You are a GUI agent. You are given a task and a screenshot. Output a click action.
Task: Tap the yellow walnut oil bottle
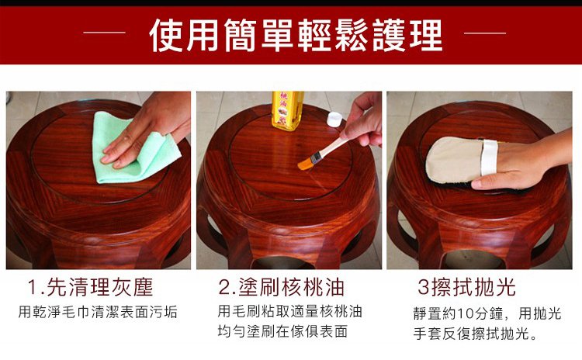click(x=287, y=110)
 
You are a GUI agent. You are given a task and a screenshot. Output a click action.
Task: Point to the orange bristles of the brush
click(x=307, y=162)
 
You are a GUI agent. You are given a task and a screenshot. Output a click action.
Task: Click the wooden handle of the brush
click(x=332, y=147)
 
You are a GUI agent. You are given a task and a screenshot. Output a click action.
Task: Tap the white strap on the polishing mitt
click(x=489, y=157)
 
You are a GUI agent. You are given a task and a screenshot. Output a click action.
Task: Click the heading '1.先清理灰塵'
click(x=90, y=287)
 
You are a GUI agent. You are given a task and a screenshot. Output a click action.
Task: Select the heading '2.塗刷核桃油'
click(x=281, y=287)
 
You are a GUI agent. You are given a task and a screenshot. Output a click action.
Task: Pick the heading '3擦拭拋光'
click(x=466, y=287)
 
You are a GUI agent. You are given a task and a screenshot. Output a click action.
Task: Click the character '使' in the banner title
click(x=166, y=35)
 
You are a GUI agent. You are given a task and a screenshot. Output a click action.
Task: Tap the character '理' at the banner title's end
click(x=426, y=35)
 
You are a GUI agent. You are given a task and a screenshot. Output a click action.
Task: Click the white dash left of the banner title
click(x=104, y=33)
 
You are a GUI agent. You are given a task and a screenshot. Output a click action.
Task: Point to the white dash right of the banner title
click(x=485, y=33)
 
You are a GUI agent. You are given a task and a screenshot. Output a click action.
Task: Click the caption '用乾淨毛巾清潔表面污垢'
click(x=98, y=312)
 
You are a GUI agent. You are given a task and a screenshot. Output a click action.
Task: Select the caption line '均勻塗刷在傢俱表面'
click(x=282, y=331)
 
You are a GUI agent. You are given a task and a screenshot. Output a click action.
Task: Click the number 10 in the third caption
click(x=464, y=313)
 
